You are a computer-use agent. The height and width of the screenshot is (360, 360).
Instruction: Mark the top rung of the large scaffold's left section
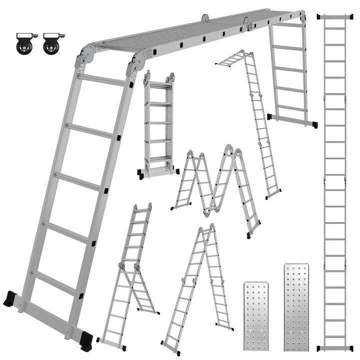click(x=102, y=79)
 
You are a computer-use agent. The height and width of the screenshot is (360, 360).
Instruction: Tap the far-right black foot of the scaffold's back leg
click(x=311, y=124)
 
